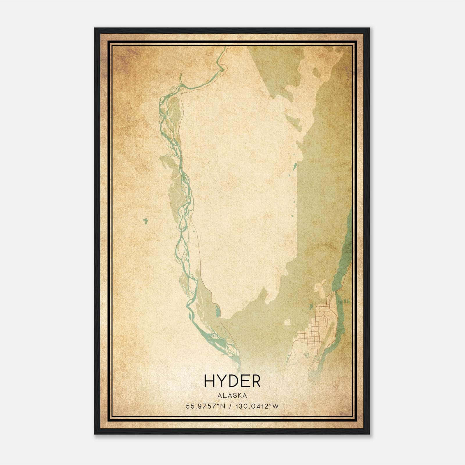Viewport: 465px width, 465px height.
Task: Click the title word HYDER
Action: coord(232,381)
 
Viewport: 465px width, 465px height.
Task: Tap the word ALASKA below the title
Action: coord(232,396)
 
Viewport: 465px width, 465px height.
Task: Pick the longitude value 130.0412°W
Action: coord(256,406)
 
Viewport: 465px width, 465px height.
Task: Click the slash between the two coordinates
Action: coord(230,406)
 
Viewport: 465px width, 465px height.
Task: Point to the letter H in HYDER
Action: coord(210,381)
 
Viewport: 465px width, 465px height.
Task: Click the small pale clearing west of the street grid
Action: coord(287,322)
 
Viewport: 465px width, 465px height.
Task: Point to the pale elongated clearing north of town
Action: coord(320,288)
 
